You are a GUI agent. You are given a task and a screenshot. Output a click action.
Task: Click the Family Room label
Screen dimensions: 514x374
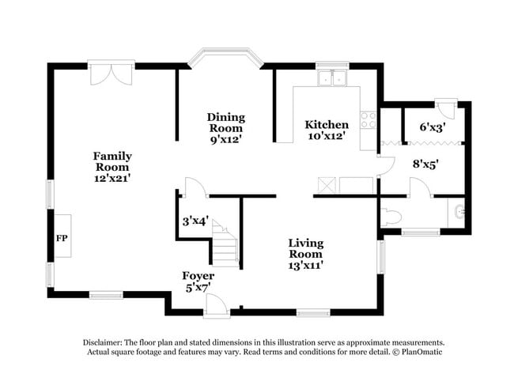click(x=112, y=161)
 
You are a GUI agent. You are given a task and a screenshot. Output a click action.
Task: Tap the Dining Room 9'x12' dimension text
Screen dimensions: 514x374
click(x=226, y=140)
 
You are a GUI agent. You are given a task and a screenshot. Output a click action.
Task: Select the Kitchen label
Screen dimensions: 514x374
click(x=327, y=125)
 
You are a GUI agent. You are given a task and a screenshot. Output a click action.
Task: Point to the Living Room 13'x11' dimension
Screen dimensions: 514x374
click(x=306, y=265)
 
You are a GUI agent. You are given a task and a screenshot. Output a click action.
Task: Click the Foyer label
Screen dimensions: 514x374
click(x=198, y=276)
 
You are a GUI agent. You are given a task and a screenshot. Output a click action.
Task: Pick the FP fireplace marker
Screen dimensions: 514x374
click(x=62, y=238)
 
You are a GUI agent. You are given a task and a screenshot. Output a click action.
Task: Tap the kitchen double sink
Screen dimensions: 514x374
click(x=332, y=78)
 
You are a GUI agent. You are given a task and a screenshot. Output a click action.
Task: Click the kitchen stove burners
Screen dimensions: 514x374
click(x=368, y=120)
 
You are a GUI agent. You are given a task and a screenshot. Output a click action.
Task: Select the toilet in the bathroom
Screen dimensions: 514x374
click(x=391, y=217)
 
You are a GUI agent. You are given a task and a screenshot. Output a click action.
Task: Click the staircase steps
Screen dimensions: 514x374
click(x=225, y=244)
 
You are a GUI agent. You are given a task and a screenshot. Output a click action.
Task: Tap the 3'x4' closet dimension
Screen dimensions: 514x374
click(x=195, y=221)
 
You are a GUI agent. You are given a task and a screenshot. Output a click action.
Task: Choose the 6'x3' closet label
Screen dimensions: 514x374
click(x=433, y=127)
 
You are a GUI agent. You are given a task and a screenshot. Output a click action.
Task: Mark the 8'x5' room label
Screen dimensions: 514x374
click(x=425, y=164)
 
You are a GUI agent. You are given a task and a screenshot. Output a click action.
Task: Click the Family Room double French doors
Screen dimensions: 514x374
click(x=111, y=73)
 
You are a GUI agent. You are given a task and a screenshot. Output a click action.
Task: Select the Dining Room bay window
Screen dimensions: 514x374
click(x=227, y=58)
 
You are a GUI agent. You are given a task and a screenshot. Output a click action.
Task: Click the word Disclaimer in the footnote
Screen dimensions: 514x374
click(x=103, y=343)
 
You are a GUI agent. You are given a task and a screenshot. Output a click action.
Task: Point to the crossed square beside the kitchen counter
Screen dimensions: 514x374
click(x=327, y=185)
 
